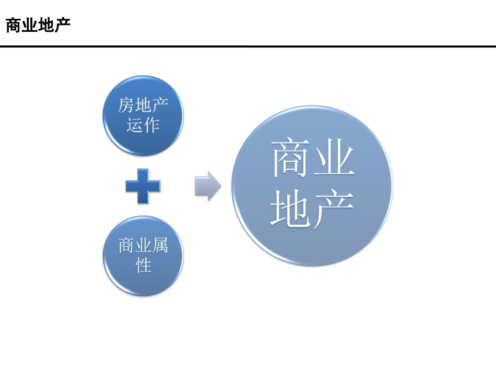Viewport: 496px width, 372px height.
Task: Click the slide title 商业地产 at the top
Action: [x=38, y=26]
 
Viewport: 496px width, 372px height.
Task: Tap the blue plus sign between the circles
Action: [x=143, y=186]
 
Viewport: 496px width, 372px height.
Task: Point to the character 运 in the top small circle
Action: [x=135, y=125]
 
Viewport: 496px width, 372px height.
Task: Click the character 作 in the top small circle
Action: [x=151, y=125]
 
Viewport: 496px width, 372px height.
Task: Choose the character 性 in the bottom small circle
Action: [x=143, y=265]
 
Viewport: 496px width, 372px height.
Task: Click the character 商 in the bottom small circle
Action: [x=127, y=245]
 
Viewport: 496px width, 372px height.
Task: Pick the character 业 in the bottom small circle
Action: [x=143, y=245]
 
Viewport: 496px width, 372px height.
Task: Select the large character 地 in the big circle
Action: [x=290, y=210]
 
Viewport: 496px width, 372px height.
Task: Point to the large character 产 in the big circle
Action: [x=334, y=210]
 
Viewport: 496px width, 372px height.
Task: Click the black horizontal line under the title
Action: [x=248, y=46]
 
